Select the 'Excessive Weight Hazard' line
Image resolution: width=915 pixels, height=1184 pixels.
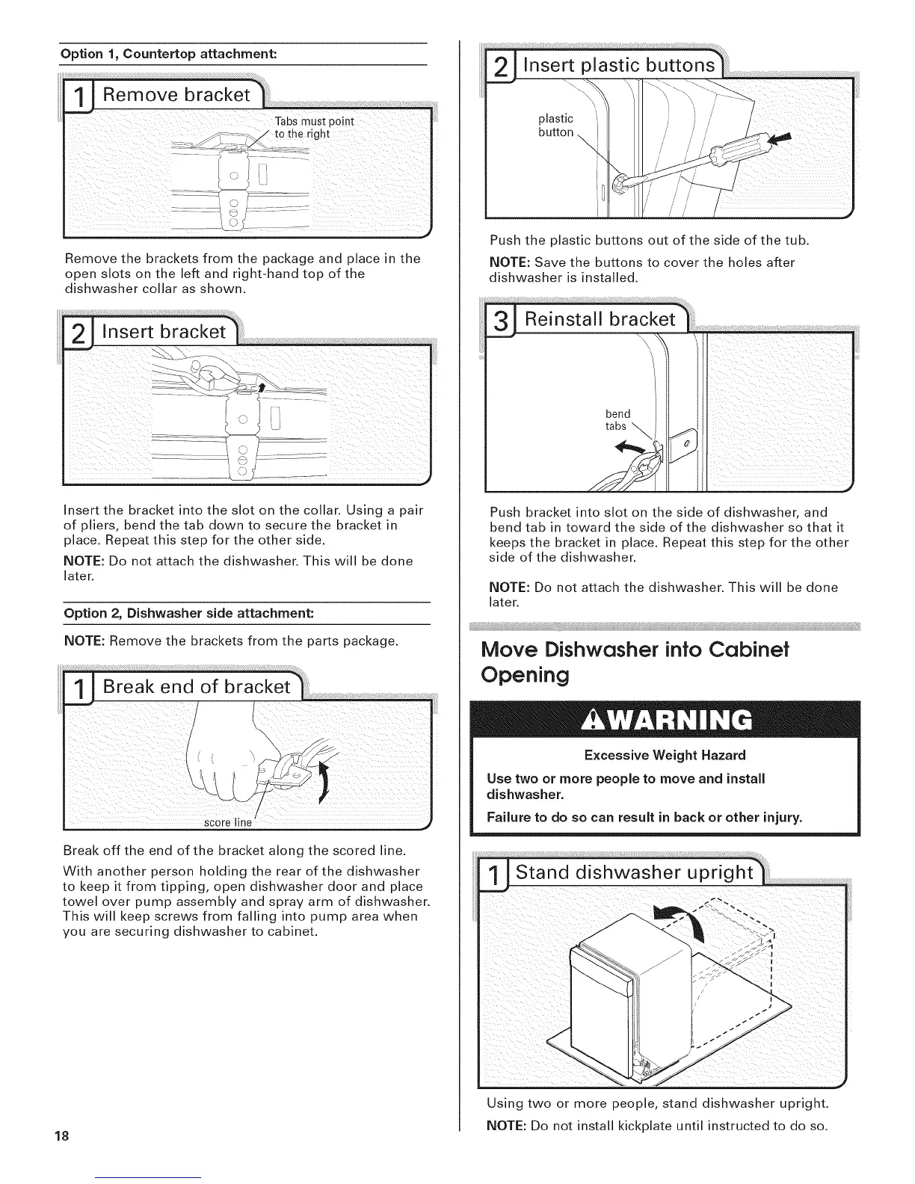coord(665,755)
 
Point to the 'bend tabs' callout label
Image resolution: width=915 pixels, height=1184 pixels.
coord(617,420)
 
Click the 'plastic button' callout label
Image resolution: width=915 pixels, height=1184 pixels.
coord(555,126)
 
